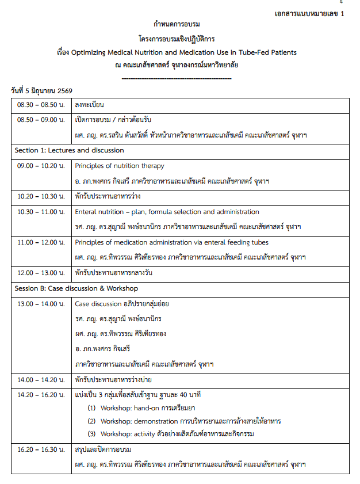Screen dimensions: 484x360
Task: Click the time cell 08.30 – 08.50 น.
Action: pos(41,105)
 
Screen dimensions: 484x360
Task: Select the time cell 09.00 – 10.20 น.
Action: pos(41,166)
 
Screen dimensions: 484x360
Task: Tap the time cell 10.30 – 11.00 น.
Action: pos(41,212)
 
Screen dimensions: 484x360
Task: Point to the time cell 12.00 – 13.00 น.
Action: pos(41,273)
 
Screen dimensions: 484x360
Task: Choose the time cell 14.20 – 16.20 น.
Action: pos(41,395)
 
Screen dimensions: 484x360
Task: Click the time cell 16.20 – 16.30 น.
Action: pos(41,449)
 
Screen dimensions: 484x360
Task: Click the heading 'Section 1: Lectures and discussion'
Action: pos(69,150)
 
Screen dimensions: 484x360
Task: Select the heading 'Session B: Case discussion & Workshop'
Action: pos(76,288)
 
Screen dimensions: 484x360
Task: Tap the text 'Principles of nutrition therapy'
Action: pos(120,166)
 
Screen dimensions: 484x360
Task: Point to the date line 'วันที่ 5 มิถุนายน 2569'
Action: pos(41,91)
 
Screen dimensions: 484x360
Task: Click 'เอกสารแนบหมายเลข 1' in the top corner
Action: pos(309,14)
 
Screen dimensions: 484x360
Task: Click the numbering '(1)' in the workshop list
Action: pos(91,408)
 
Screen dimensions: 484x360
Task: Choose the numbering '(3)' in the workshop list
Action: pos(91,434)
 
